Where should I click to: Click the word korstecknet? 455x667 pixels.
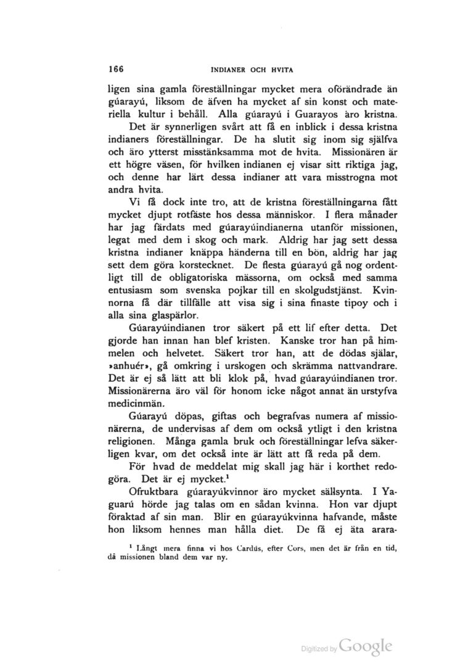203,265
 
